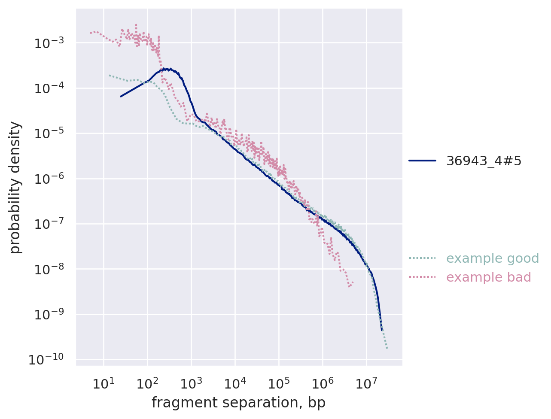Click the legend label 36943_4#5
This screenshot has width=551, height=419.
(x=484, y=161)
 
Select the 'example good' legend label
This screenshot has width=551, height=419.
(x=493, y=258)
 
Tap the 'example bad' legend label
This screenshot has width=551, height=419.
(x=489, y=277)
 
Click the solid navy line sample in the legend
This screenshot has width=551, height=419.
(x=422, y=161)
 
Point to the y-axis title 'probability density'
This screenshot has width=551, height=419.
(x=15, y=187)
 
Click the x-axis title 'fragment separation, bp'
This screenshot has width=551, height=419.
(x=238, y=403)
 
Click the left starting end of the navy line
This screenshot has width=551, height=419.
(x=121, y=96)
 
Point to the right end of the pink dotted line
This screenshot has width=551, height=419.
(x=353, y=282)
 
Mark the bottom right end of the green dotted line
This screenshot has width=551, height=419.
(x=387, y=348)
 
